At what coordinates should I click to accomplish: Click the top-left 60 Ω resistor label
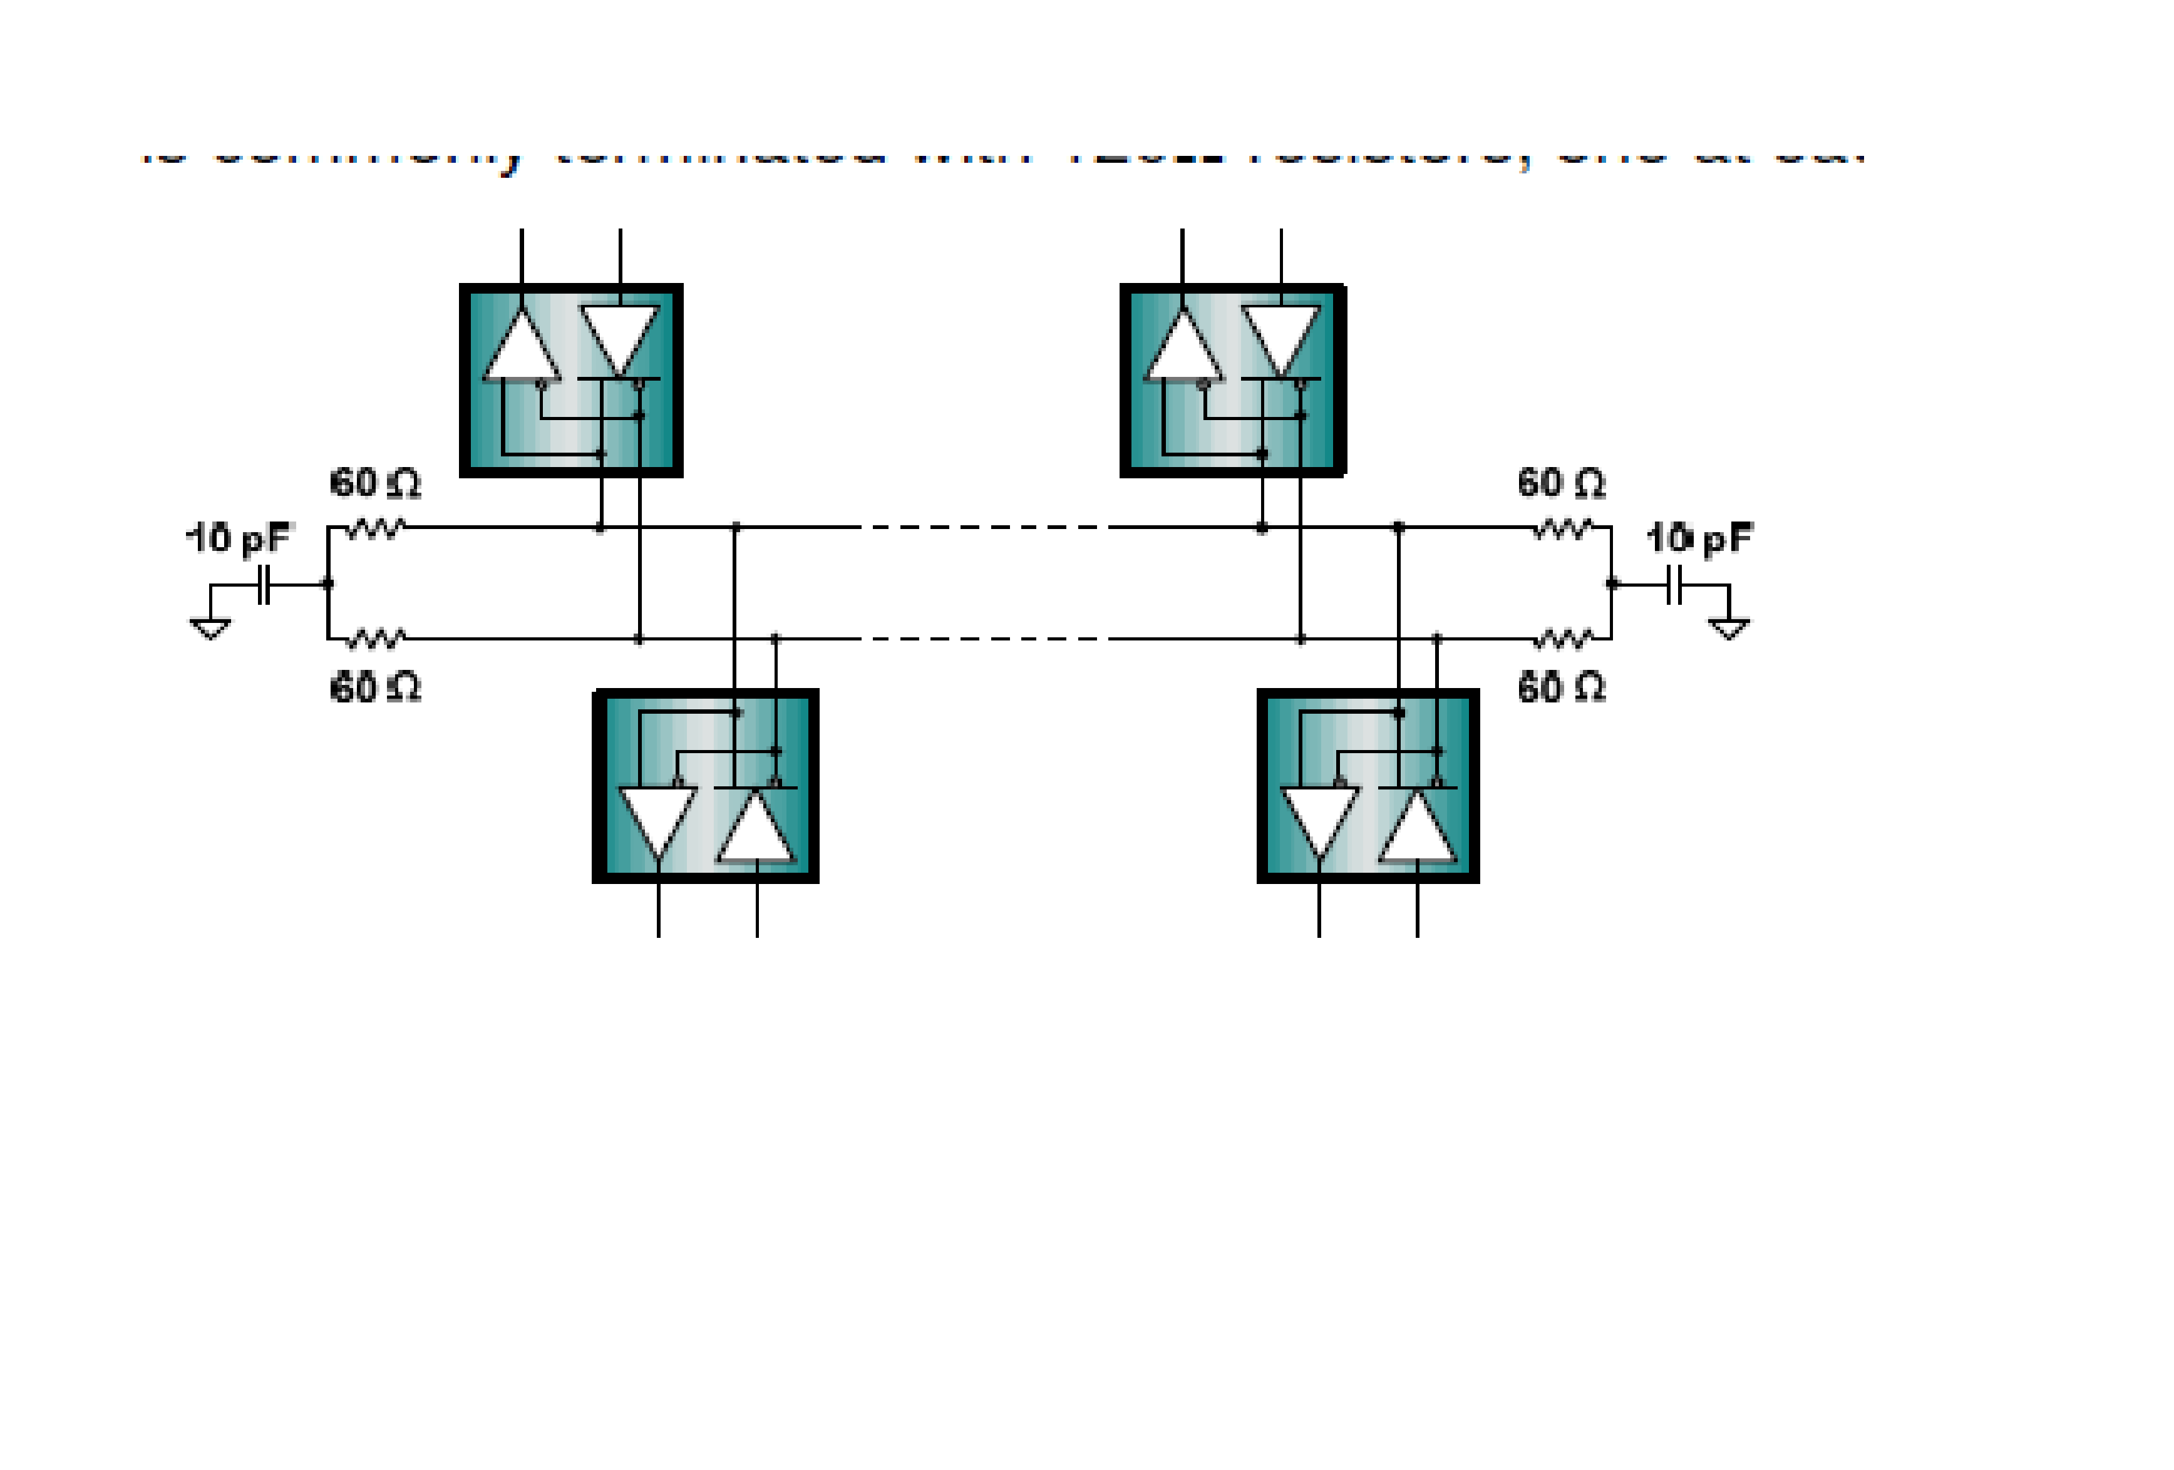point(375,483)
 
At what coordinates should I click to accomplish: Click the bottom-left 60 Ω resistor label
point(375,688)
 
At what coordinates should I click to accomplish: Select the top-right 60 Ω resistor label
point(1561,483)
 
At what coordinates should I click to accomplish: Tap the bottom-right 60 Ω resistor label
point(1561,688)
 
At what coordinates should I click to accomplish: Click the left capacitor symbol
point(265,585)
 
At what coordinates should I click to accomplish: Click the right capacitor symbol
point(1674,585)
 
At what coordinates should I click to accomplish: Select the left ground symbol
point(210,629)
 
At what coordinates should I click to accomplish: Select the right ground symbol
point(1729,629)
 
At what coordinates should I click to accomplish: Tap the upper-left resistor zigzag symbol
point(376,529)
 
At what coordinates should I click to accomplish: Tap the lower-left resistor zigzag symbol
point(376,640)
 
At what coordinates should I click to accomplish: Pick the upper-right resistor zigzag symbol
point(1563,529)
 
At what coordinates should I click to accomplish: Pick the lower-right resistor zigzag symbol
point(1563,640)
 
